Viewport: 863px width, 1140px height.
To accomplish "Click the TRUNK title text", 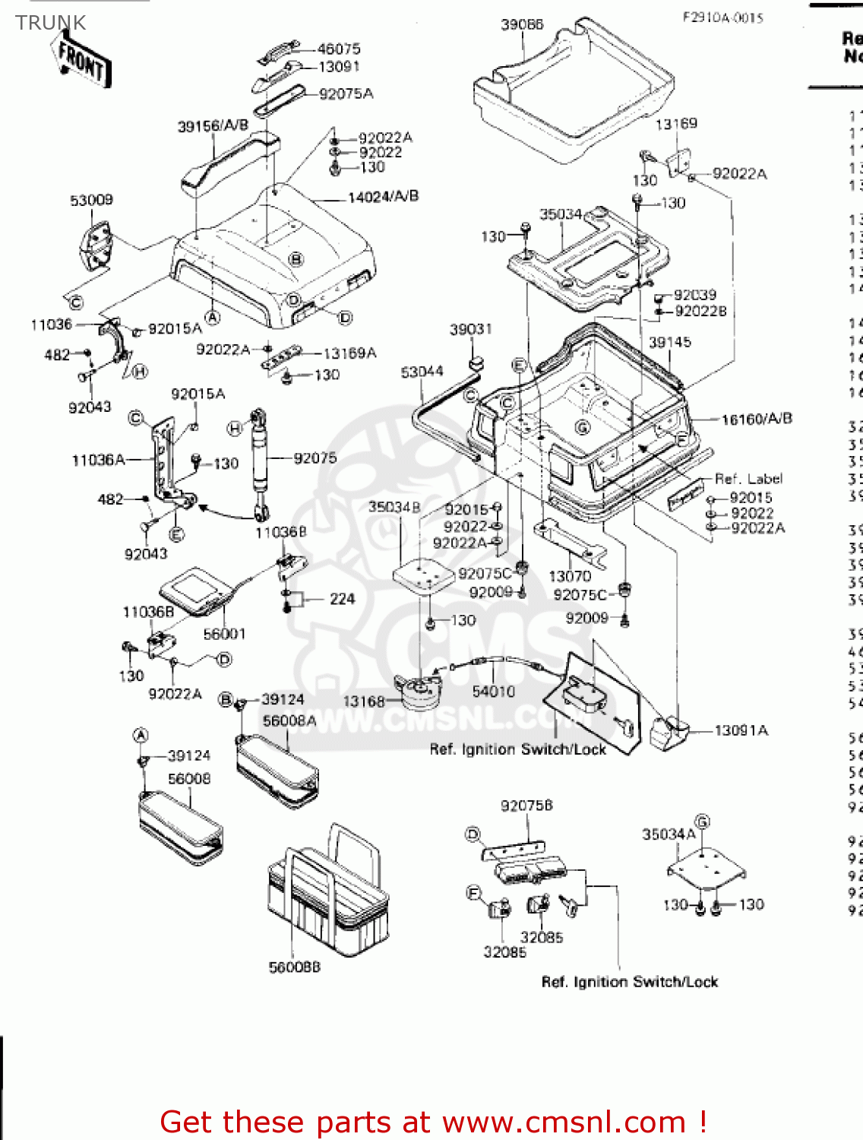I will point(51,23).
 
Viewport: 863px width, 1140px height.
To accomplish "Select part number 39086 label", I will point(522,25).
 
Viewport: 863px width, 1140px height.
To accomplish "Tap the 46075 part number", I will point(339,49).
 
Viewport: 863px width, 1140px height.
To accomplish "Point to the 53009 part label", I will point(91,200).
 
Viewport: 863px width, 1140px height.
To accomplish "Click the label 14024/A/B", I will point(383,197).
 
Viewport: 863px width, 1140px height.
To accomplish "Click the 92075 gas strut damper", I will point(259,460).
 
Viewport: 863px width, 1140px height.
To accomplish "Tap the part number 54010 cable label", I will point(493,691).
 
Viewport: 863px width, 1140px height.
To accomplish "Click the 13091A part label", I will point(741,730).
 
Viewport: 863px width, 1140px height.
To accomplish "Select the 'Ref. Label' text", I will point(748,479).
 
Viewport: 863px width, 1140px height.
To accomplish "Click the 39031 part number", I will point(470,329).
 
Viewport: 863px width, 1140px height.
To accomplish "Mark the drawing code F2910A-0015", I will point(722,17).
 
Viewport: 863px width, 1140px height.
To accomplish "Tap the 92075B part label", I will point(526,806).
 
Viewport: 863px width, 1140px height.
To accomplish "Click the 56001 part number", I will point(224,633).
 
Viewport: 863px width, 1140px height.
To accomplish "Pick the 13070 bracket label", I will point(570,576).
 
